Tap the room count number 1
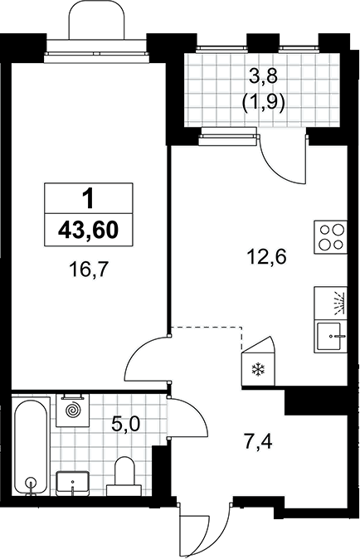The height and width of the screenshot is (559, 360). (88, 199)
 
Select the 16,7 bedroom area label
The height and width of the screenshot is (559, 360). (88, 270)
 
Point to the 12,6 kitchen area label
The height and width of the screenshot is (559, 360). (267, 256)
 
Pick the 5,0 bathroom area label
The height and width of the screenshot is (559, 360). (126, 424)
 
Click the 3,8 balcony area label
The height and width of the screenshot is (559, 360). (263, 77)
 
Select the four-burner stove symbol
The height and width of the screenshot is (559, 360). (330, 237)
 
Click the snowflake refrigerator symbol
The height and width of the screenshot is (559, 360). (259, 369)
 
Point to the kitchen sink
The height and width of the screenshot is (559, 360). (330, 337)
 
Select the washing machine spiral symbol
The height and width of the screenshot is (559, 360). (73, 410)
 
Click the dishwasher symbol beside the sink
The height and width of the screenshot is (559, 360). (330, 303)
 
